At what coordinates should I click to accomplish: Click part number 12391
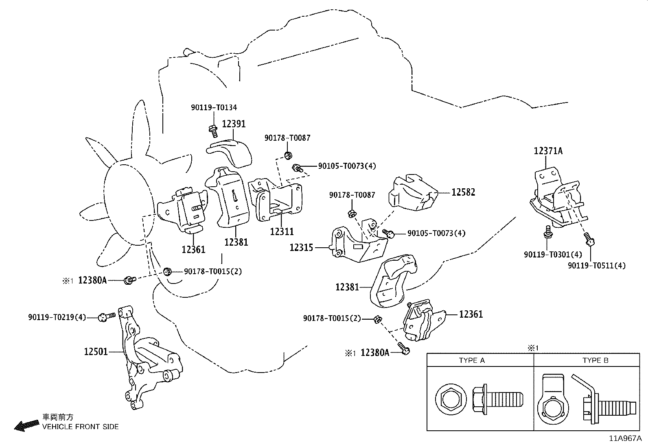(234, 124)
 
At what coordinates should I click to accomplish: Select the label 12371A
(548, 151)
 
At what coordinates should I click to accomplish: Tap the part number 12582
(463, 192)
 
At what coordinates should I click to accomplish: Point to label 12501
(96, 351)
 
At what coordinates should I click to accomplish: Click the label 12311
(282, 231)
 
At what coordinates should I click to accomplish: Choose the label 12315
(301, 247)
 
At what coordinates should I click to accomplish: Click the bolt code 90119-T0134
(214, 107)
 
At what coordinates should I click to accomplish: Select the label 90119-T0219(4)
(57, 317)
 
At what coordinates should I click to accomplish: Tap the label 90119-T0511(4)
(597, 266)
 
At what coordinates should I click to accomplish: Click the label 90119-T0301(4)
(553, 255)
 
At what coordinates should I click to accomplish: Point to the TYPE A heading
(472, 360)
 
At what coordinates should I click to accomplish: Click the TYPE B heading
(595, 360)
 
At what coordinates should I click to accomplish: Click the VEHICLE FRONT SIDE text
(81, 427)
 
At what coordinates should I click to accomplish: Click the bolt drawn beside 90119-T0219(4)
(107, 316)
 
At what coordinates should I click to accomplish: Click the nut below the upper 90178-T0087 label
(288, 155)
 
